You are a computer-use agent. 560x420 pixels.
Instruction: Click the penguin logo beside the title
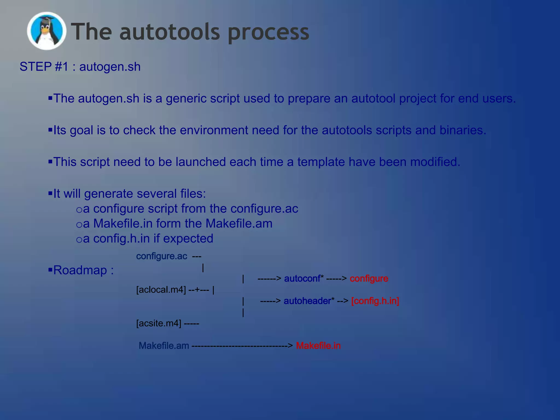pos(46,31)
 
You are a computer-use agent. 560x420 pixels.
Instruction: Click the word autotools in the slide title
pos(170,32)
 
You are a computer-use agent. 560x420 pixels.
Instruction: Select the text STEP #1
pos(44,67)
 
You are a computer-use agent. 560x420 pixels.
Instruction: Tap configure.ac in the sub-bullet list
pos(264,209)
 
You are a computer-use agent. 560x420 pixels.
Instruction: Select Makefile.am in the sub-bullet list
pos(239,223)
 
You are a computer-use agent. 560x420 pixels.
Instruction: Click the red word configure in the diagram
pos(369,279)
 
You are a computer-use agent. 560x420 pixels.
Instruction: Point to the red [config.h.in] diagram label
pos(375,301)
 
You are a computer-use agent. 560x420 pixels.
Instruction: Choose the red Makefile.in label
pos(318,346)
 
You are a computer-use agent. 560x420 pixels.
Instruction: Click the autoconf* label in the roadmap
pos(304,279)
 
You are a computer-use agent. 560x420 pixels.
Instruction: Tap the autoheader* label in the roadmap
pos(309,301)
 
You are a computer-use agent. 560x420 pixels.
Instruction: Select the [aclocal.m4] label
pos(161,290)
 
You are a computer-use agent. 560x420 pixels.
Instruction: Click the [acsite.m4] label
pos(159,323)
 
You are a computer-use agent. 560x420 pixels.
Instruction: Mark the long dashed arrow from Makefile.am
pos(242,346)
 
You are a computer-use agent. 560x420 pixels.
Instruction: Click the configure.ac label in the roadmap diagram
pos(162,256)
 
